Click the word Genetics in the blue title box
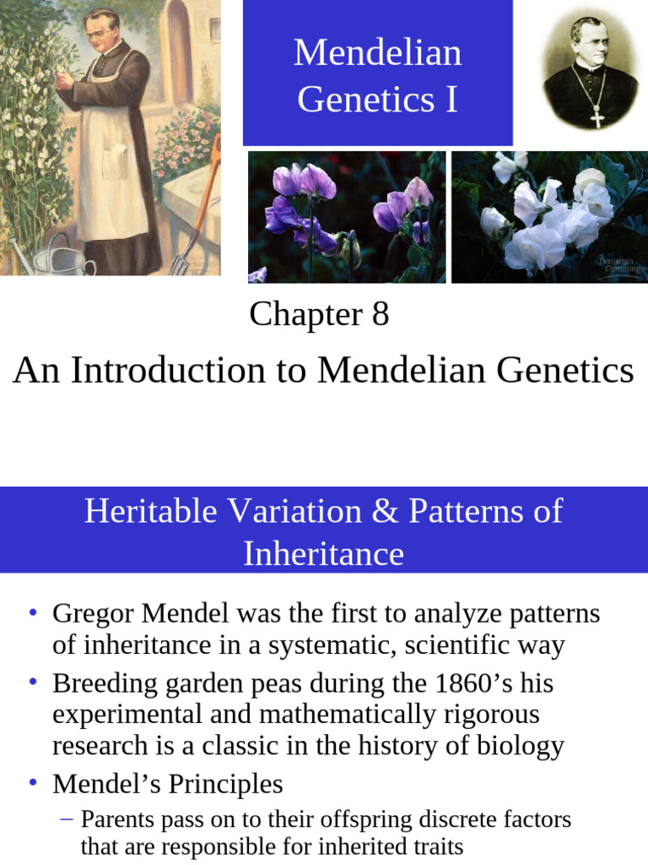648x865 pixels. pos(366,100)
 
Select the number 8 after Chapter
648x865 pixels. pos(381,314)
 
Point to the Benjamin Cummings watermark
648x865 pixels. pos(621,264)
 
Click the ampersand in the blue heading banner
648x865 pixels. pos(386,511)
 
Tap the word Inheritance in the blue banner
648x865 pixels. pos(323,553)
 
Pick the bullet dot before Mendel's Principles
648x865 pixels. pos(33,782)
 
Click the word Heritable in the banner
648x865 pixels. pos(150,511)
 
